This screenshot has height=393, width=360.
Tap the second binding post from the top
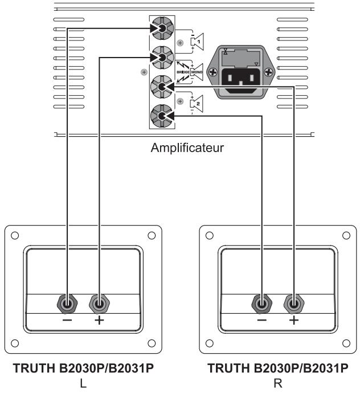click(x=161, y=57)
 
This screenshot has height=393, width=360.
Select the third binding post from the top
click(x=161, y=87)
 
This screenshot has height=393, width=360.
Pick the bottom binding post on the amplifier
click(x=161, y=116)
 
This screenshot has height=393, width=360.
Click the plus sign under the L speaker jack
click(x=99, y=321)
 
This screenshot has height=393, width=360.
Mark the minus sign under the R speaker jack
click(x=262, y=321)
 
